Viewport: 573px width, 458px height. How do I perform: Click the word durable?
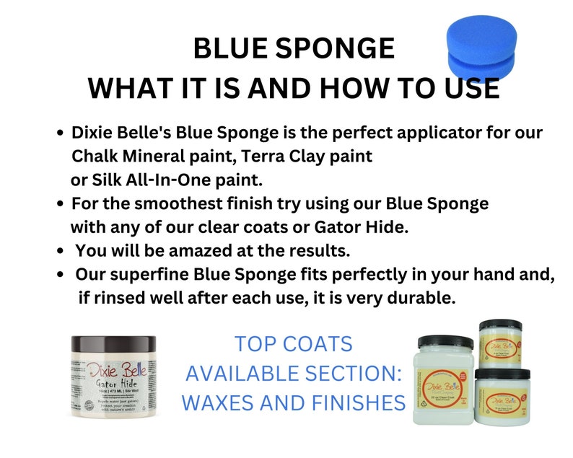pyautogui.click(x=424, y=297)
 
